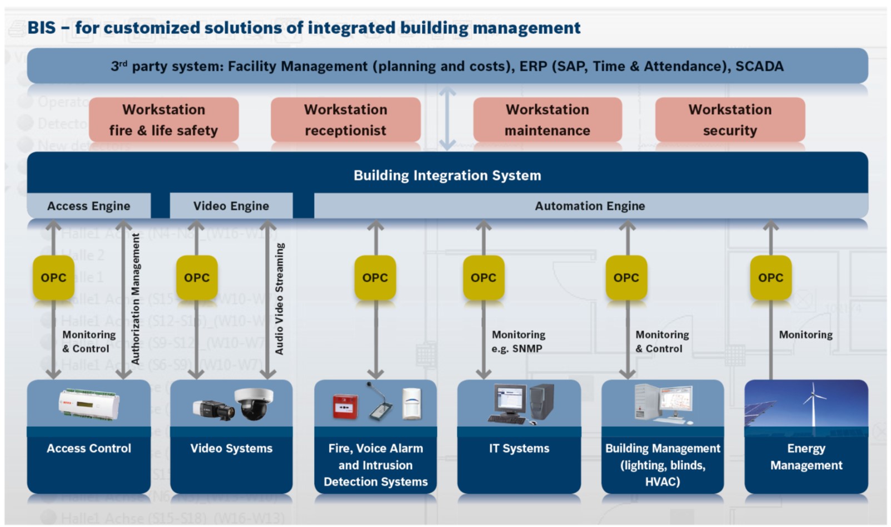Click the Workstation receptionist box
(345, 120)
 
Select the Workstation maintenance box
(547, 120)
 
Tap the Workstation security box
(730, 120)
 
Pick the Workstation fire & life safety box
(163, 120)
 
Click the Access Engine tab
(88, 206)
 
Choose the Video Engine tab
(231, 206)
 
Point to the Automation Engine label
(590, 206)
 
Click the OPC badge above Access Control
(53, 277)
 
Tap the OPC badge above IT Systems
(483, 277)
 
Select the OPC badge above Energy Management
(770, 277)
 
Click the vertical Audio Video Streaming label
(280, 299)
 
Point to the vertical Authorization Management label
(136, 299)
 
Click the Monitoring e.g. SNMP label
(518, 341)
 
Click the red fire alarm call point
(345, 407)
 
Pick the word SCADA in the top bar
(759, 66)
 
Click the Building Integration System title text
(447, 175)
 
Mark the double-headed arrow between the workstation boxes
(447, 119)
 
